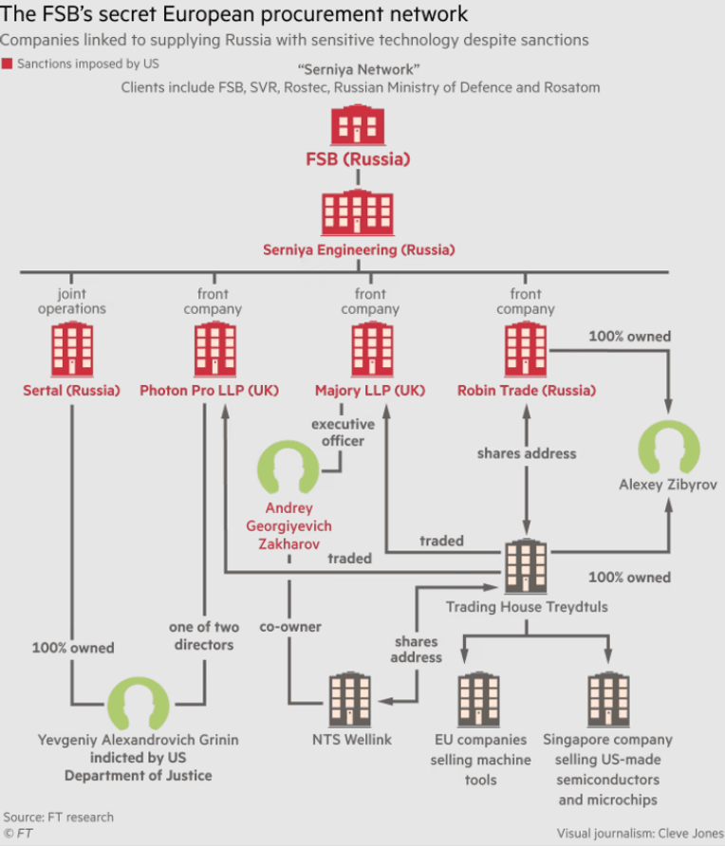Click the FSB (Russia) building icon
(358, 125)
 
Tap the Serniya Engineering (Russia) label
(359, 249)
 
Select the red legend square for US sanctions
(7, 64)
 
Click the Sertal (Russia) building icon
(72, 349)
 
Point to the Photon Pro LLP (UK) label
(210, 390)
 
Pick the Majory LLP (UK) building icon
(372, 349)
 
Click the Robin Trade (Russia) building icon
(526, 349)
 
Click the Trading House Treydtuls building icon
(526, 566)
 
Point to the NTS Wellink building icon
(350, 699)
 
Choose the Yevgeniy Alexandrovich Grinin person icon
(139, 704)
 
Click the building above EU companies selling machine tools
(479, 699)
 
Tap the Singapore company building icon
(608, 699)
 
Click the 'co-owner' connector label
(290, 627)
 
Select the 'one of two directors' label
(204, 635)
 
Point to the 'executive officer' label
(343, 432)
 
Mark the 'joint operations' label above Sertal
(72, 301)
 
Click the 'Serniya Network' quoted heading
(359, 69)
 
